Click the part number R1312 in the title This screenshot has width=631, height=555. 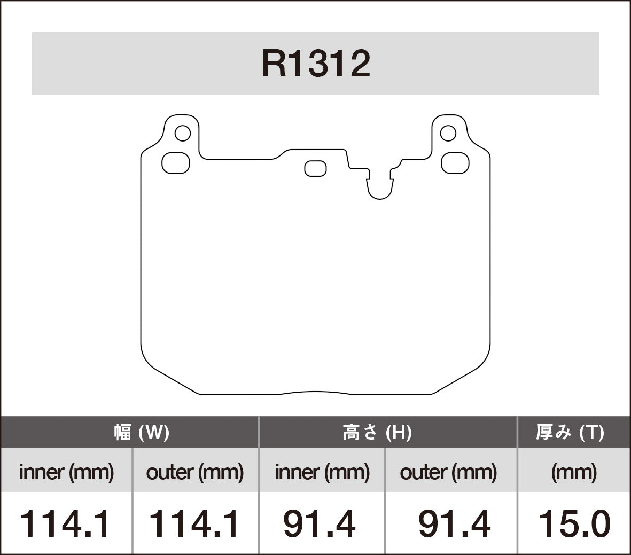point(315,64)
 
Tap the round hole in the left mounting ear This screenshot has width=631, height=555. point(183,133)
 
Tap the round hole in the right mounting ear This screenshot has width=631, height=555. point(448,133)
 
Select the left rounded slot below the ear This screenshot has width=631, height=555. point(176,163)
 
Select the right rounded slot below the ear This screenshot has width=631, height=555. point(455,163)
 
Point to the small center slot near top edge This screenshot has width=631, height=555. point(315,168)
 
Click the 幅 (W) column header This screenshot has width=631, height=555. point(141,432)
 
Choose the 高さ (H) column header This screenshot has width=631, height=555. point(377,432)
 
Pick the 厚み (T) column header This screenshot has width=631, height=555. point(570,432)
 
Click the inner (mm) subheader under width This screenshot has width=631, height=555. point(66,472)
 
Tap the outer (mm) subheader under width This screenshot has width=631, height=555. point(194,472)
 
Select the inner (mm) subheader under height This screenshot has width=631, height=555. point(322,472)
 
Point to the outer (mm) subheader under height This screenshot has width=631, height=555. point(448,472)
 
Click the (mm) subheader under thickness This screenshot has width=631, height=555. point(574,472)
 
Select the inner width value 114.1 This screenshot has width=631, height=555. point(65,524)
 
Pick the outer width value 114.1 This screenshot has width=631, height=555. point(194,524)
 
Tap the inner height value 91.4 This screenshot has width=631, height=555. point(319,524)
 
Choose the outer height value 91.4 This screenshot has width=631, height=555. point(454,524)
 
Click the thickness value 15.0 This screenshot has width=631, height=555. point(574,524)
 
